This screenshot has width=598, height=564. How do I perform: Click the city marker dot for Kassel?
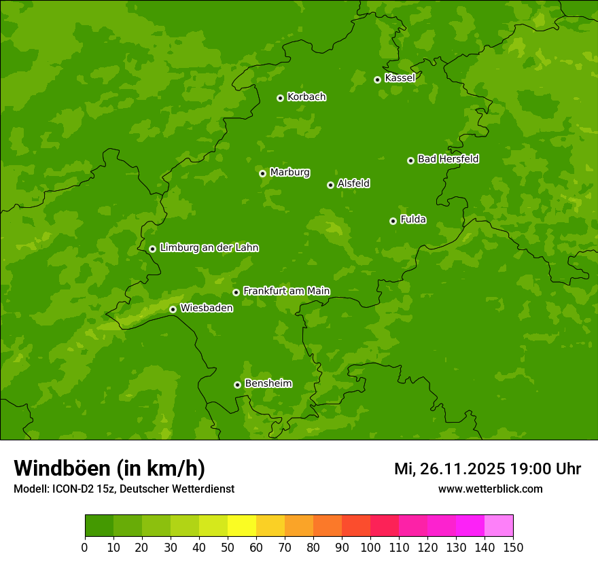[x=377, y=80]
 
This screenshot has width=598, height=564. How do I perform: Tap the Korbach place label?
[x=306, y=97]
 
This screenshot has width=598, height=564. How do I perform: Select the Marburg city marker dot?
[x=262, y=173]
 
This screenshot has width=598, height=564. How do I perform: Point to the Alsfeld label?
[x=353, y=183]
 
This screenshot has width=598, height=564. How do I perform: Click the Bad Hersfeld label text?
[x=448, y=159]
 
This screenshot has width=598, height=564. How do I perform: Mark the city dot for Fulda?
[x=393, y=221]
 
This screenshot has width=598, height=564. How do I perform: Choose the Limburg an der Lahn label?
[x=209, y=248]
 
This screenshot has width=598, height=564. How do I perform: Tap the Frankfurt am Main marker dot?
[x=236, y=292]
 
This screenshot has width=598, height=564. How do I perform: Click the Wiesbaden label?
[x=207, y=309]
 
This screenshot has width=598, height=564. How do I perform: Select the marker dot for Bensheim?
[x=237, y=385]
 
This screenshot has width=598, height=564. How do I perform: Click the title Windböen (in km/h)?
[x=109, y=468]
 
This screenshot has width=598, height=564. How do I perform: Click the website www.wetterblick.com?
[x=490, y=489]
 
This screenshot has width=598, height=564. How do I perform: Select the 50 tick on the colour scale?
[x=228, y=547]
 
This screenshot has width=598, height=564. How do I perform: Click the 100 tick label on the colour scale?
[x=370, y=547]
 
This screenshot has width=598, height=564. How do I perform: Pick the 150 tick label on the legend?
[x=513, y=547]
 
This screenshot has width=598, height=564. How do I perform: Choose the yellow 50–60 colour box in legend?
[x=242, y=526]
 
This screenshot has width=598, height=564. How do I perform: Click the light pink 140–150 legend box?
[x=499, y=526]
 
